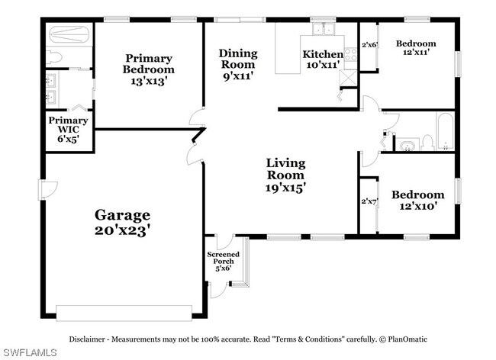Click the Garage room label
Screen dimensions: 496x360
point(122,223)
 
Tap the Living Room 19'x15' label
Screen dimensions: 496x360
point(285,175)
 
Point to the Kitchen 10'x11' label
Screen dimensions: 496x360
point(323,59)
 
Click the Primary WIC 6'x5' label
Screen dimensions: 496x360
point(68,130)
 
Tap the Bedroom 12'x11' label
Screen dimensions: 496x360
point(416,48)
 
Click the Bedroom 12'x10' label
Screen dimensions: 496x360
point(418,200)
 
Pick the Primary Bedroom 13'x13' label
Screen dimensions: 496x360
point(148,70)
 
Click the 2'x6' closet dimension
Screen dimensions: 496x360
point(370,44)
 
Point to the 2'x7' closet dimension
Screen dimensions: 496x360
point(369,201)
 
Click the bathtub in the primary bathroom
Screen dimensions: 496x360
point(69,34)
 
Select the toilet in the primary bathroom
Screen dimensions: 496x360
point(54,58)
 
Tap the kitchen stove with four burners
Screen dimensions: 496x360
point(350,54)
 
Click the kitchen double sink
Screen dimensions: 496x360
point(324,29)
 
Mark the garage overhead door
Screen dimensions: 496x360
point(124,313)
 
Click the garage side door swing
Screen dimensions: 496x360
point(48,190)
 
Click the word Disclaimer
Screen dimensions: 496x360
point(87,339)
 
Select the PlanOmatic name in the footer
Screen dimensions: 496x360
point(407,339)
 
